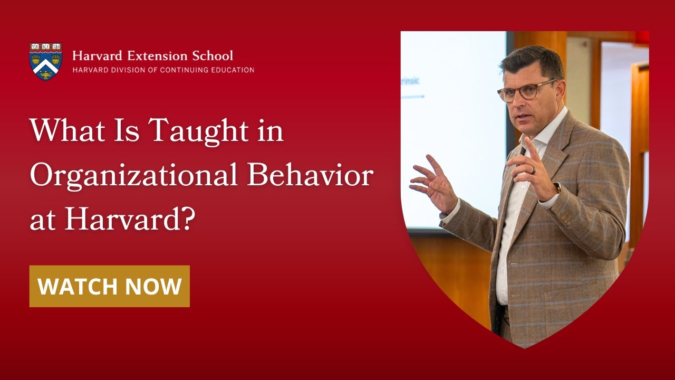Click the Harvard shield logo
[46, 61]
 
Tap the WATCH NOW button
[110, 286]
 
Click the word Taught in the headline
[192, 130]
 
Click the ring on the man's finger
[534, 170]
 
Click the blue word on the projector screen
[412, 81]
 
